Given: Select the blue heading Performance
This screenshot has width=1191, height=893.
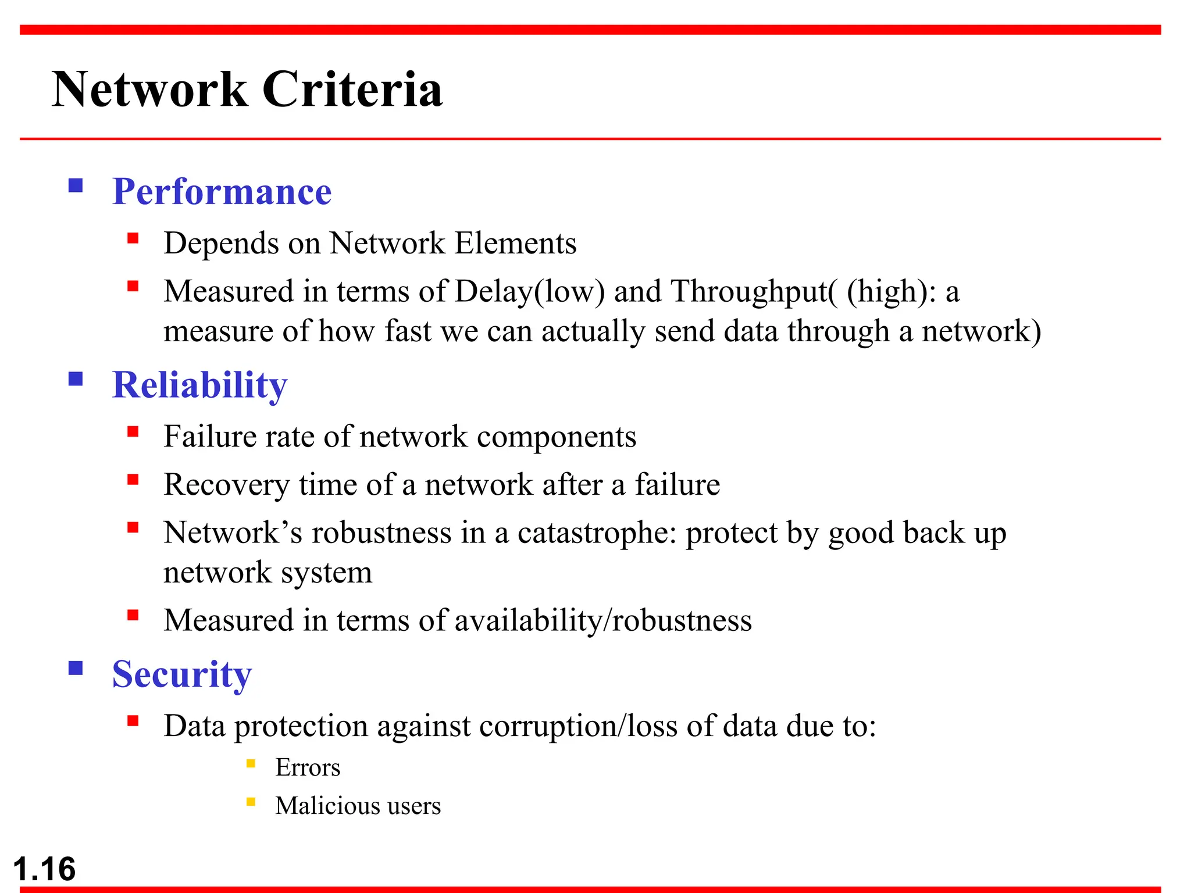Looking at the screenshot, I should [222, 191].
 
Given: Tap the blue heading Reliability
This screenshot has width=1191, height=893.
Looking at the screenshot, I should [199, 385].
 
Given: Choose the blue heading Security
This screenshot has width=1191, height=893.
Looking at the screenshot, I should [182, 674].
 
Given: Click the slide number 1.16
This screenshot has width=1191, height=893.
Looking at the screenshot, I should [44, 869].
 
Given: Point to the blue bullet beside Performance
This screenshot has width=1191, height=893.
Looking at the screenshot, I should [76, 185].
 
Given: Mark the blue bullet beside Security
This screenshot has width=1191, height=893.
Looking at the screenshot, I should [76, 668].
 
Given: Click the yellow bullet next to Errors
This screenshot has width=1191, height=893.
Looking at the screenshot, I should [251, 764].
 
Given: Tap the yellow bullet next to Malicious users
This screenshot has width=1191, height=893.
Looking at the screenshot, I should [251, 802].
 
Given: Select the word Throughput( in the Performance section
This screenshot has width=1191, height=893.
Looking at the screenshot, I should [754, 291].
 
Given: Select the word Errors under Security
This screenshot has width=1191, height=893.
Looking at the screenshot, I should [308, 767].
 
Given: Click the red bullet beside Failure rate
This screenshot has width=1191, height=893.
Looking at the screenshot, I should [133, 431].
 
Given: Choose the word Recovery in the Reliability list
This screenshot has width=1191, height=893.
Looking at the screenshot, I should [227, 485].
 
